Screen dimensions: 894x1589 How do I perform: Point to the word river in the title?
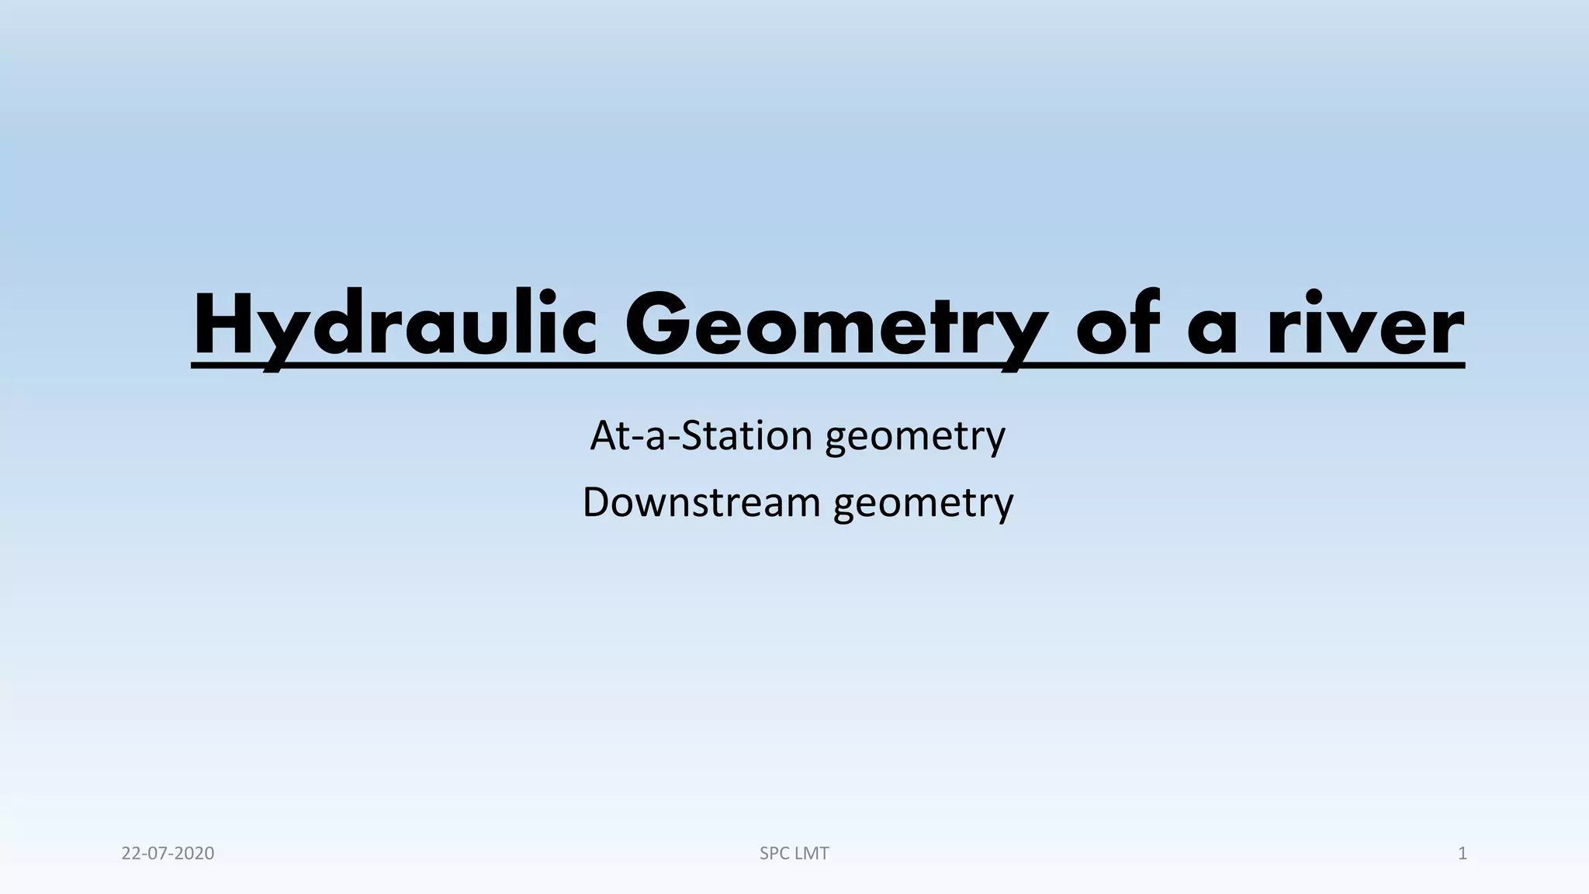click(x=1366, y=326)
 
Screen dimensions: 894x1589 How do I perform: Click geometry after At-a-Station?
click(x=916, y=437)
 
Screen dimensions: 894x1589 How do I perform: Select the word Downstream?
click(x=701, y=502)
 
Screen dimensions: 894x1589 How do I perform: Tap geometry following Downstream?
click(x=923, y=504)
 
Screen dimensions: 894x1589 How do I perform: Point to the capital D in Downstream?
click(x=597, y=502)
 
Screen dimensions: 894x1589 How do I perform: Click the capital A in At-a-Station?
click(x=604, y=435)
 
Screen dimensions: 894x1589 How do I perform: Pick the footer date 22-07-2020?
click(x=168, y=854)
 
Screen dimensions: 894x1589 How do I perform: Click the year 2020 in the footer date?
click(x=195, y=854)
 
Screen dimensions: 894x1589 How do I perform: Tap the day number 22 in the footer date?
click(x=130, y=854)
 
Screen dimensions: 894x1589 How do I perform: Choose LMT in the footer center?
click(x=812, y=854)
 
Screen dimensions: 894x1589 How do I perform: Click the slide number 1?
click(x=1463, y=854)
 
